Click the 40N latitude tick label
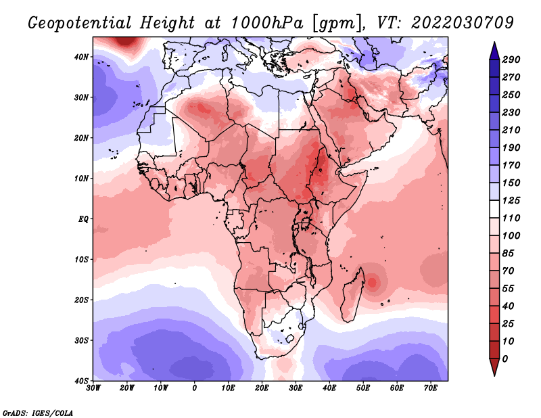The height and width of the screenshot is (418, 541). pos(81,57)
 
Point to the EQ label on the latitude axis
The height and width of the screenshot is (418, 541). pos(83,219)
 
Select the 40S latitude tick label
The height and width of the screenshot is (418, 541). pos(81,381)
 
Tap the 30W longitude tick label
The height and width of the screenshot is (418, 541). pos(93,388)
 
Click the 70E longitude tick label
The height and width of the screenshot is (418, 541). pos(431,388)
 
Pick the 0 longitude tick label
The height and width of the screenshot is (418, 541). pos(195,388)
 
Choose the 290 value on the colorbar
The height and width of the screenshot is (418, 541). pos(511,60)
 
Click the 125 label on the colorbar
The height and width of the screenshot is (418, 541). pos(511,200)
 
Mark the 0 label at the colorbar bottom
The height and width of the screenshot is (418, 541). pos(505,359)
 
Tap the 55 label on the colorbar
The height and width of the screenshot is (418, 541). pos(509,289)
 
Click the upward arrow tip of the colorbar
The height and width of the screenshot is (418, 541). pos(494,43)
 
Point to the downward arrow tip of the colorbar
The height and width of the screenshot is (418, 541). pos(494,375)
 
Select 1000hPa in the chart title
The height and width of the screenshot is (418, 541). pos(267,23)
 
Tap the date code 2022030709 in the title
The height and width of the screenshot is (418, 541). pos(463,23)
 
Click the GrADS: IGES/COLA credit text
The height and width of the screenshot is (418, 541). pos(38,413)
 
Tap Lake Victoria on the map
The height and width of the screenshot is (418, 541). pos(306,223)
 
